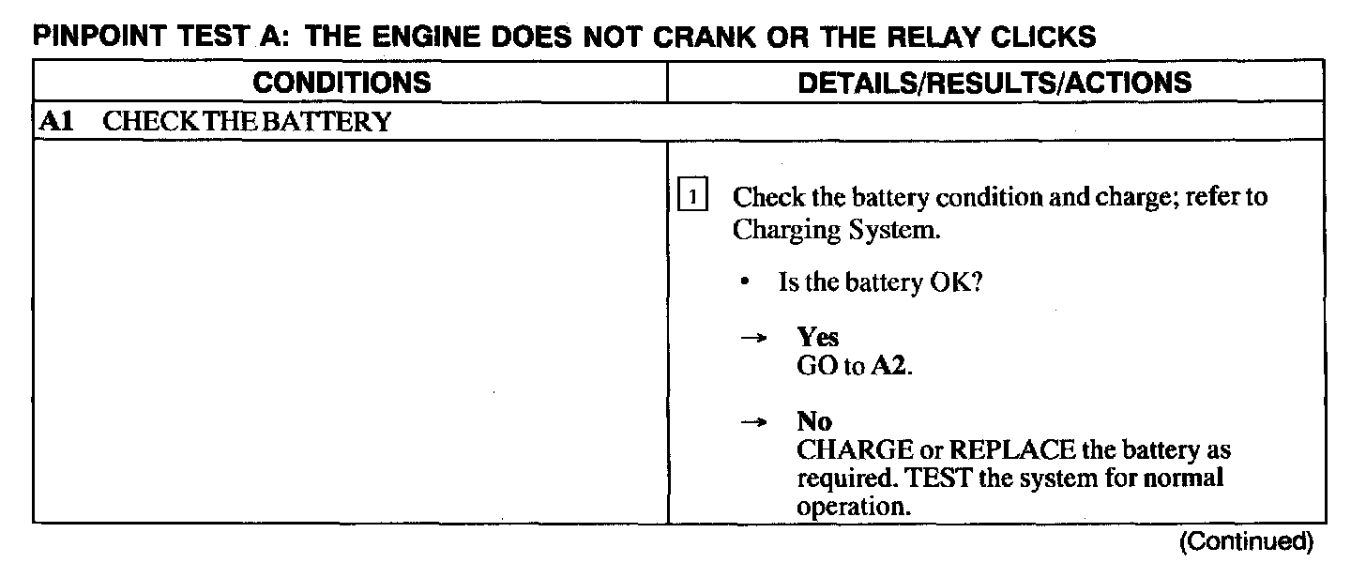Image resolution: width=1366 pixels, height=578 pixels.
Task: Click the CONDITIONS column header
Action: click(x=342, y=83)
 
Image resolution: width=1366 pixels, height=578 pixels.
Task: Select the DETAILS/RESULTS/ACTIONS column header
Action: click(x=994, y=83)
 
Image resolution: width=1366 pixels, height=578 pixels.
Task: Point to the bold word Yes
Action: click(x=817, y=338)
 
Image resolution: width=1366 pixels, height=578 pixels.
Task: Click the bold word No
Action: click(x=814, y=422)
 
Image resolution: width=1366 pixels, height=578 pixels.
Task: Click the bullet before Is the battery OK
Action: click(x=744, y=282)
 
